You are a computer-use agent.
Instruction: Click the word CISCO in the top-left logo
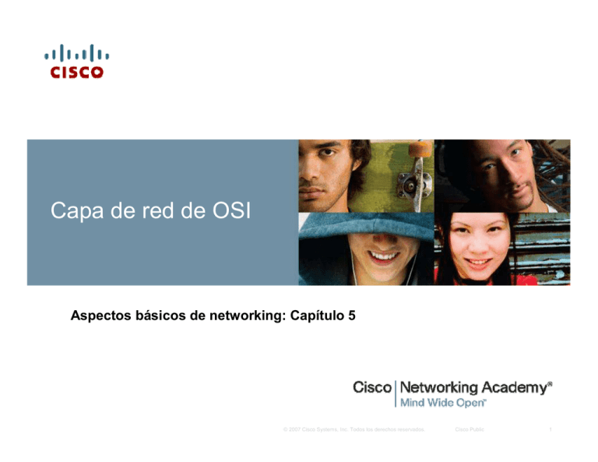coord(77,72)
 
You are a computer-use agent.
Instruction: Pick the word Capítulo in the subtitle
coord(311,316)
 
